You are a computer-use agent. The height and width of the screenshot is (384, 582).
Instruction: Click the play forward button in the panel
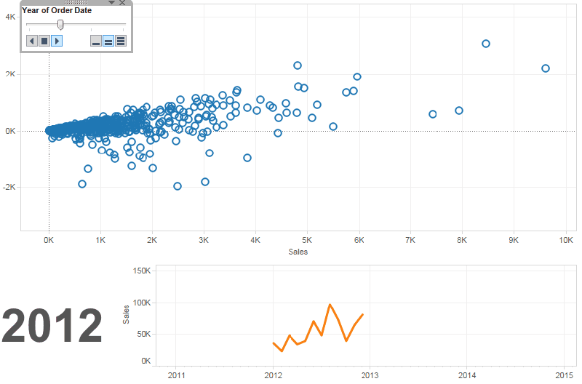pos(57,41)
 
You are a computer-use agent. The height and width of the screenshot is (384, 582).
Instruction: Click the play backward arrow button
pos(32,41)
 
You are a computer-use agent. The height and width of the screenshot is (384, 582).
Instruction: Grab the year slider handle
pos(60,25)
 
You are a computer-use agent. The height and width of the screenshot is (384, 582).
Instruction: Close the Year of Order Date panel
pos(122,4)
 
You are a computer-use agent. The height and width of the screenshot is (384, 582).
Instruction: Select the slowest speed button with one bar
pos(96,41)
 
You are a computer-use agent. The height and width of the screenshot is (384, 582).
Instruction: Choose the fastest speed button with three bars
pos(121,41)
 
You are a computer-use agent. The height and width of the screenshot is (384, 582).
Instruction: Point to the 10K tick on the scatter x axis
pos(567,239)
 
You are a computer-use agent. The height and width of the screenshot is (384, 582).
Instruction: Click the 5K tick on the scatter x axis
pos(307,239)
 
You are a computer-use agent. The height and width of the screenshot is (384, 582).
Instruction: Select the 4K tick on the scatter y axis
pos(12,15)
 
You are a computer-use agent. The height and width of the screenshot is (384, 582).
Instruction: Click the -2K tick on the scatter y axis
pos(10,187)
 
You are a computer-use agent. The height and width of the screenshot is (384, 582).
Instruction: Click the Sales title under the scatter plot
pos(298,252)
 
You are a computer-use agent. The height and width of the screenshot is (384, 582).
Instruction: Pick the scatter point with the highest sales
pos(546,68)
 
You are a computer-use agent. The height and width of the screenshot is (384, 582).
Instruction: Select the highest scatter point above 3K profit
pos(486,44)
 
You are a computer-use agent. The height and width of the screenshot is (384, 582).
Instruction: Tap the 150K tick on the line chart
pos(140,270)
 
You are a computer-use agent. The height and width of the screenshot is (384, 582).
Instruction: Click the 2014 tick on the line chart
pos(467,375)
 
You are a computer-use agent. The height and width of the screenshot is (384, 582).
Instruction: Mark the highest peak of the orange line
pos(330,305)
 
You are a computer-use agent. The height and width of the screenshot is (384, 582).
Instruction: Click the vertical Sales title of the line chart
pos(126,313)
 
